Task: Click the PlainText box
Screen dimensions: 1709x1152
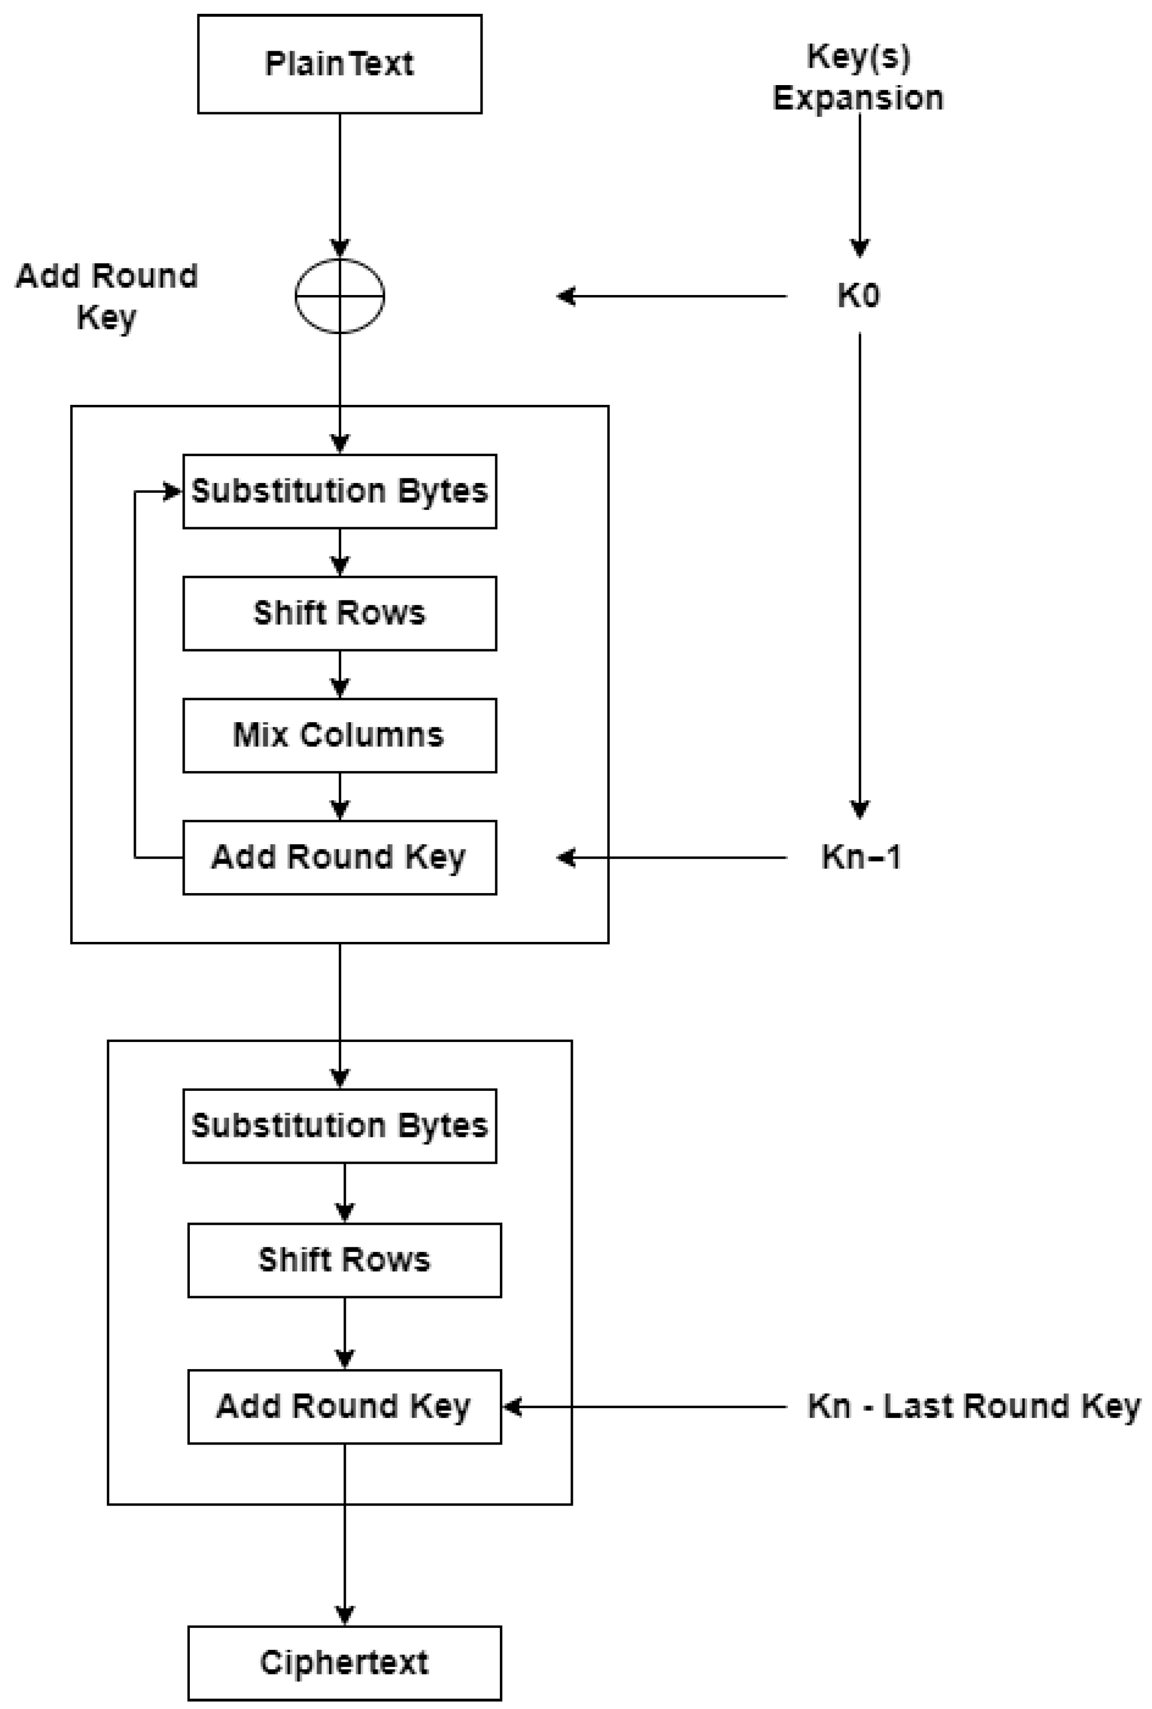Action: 339,64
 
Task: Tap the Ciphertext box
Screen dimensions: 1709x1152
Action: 344,1663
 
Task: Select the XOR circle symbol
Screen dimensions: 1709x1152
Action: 339,296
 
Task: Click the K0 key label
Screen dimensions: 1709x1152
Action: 858,296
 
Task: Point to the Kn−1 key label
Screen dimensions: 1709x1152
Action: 860,857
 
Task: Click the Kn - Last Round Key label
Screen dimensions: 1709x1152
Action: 974,1407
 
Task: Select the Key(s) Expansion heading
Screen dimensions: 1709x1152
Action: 858,77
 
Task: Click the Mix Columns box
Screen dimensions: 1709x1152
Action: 339,735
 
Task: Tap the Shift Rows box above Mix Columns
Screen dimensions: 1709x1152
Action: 339,613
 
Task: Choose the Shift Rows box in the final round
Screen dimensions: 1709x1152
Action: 344,1260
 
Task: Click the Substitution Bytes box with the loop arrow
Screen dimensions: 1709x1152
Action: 339,491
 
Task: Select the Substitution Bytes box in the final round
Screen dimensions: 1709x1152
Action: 339,1126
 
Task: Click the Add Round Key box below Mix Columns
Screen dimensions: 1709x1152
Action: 339,857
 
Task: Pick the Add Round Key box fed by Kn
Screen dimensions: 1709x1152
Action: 344,1407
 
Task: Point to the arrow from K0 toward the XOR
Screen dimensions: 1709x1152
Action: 672,296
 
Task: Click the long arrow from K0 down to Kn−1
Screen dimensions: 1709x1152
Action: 860,573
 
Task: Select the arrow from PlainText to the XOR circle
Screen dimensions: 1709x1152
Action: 339,183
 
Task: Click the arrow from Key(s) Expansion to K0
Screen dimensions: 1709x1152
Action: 860,183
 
